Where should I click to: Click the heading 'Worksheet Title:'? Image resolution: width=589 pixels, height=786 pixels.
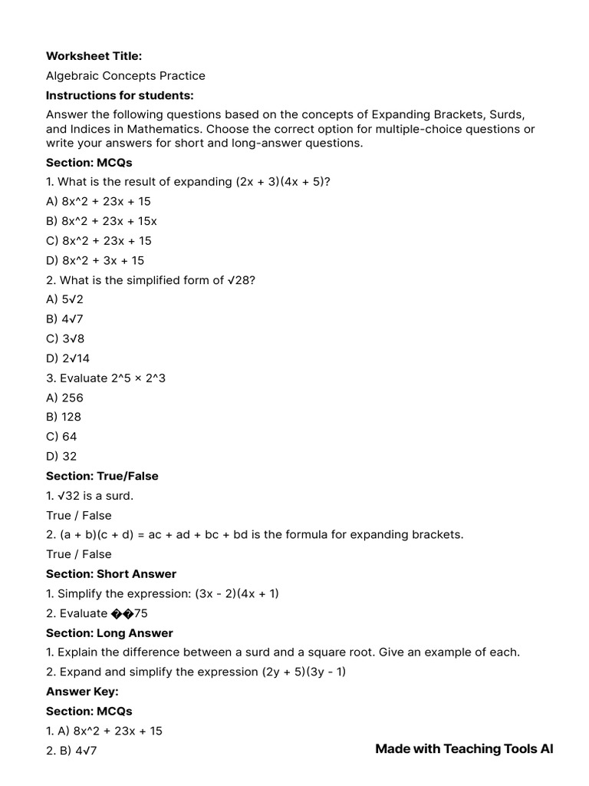pos(94,56)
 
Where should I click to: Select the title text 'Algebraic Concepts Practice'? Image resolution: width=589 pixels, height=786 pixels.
pos(126,76)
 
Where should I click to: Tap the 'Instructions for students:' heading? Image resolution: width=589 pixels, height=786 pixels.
pos(120,95)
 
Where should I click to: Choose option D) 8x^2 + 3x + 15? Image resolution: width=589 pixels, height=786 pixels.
pos(95,260)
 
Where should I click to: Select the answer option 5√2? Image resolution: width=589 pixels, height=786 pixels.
pos(64,299)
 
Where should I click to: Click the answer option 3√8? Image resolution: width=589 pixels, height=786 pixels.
pos(64,339)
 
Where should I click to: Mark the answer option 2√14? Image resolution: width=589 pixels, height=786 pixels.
pos(67,358)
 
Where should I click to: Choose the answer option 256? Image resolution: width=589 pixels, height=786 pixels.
pos(64,398)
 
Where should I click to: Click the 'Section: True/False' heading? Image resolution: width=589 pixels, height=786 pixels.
pos(102,476)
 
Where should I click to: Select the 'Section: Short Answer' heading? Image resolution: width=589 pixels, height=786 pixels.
pos(111,574)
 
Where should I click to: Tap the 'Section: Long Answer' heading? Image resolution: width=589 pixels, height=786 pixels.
pos(110,633)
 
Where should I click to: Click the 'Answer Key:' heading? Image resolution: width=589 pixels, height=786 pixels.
pos(82,692)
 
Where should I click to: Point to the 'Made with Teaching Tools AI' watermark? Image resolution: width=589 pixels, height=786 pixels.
pos(464,749)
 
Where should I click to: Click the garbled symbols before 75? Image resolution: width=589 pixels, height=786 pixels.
pos(123,613)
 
